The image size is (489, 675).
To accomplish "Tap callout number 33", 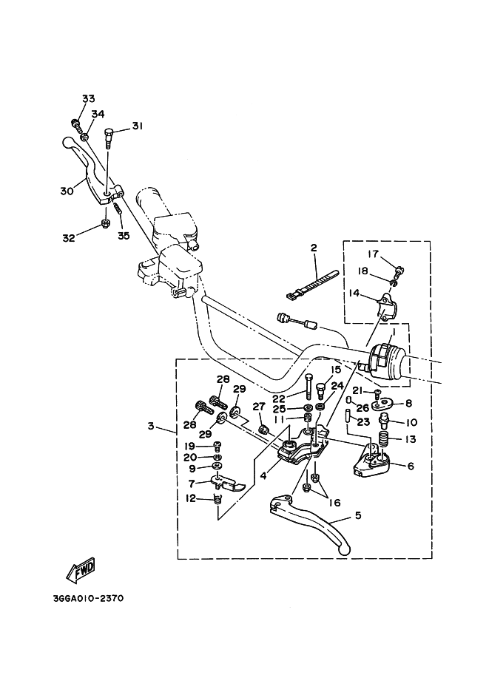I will tap(89, 99).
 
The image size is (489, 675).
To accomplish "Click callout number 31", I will tap(137, 126).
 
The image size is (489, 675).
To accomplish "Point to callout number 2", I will tap(314, 248).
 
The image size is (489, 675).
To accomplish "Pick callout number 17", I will tap(374, 255).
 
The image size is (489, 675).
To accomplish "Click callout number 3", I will tap(151, 427).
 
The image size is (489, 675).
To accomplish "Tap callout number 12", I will tap(191, 499).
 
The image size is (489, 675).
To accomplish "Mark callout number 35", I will tap(123, 236).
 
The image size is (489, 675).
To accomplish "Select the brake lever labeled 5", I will tap(311, 523).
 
